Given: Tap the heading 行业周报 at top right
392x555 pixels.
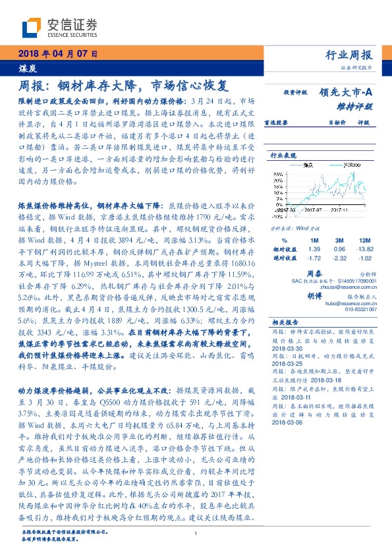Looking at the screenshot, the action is pos(349,55).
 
